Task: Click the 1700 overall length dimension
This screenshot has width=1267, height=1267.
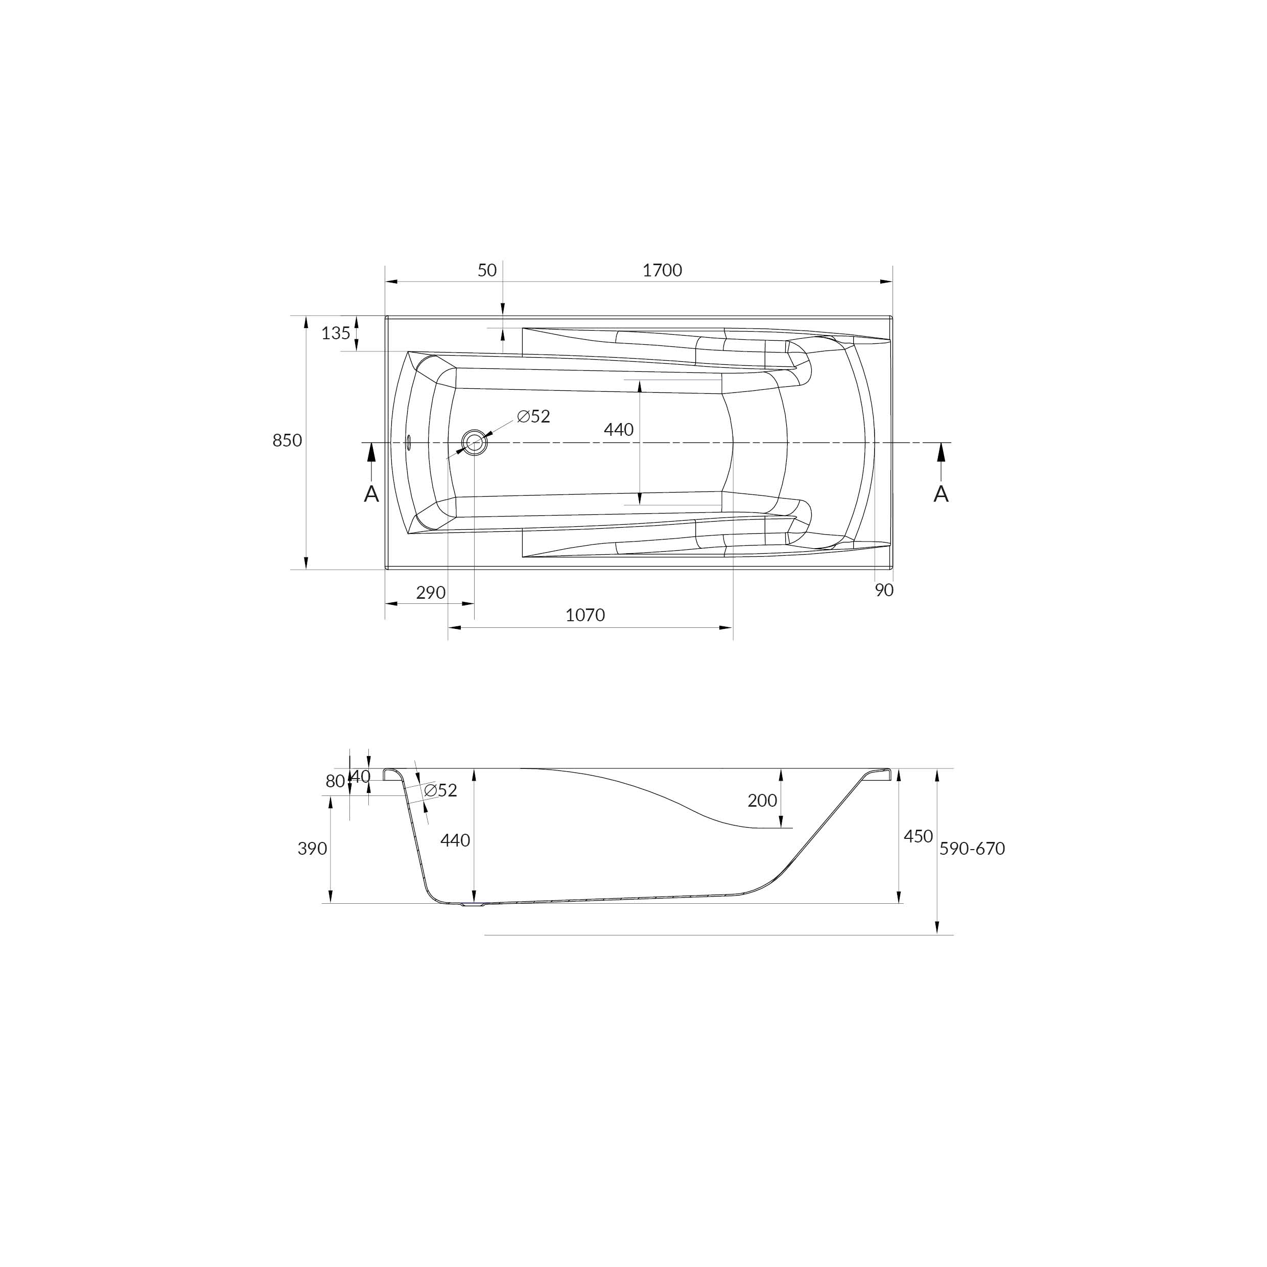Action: (662, 270)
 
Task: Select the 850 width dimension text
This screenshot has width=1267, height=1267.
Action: (287, 441)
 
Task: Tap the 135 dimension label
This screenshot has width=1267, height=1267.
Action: (336, 333)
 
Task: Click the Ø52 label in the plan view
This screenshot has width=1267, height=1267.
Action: (533, 416)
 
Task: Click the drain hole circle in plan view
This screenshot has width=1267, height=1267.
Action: (474, 442)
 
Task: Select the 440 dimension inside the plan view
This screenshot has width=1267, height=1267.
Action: (618, 430)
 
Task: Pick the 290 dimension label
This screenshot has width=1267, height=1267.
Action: (431, 593)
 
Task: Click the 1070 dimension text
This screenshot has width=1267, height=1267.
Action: (585, 615)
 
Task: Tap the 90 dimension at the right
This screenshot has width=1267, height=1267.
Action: (884, 590)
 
